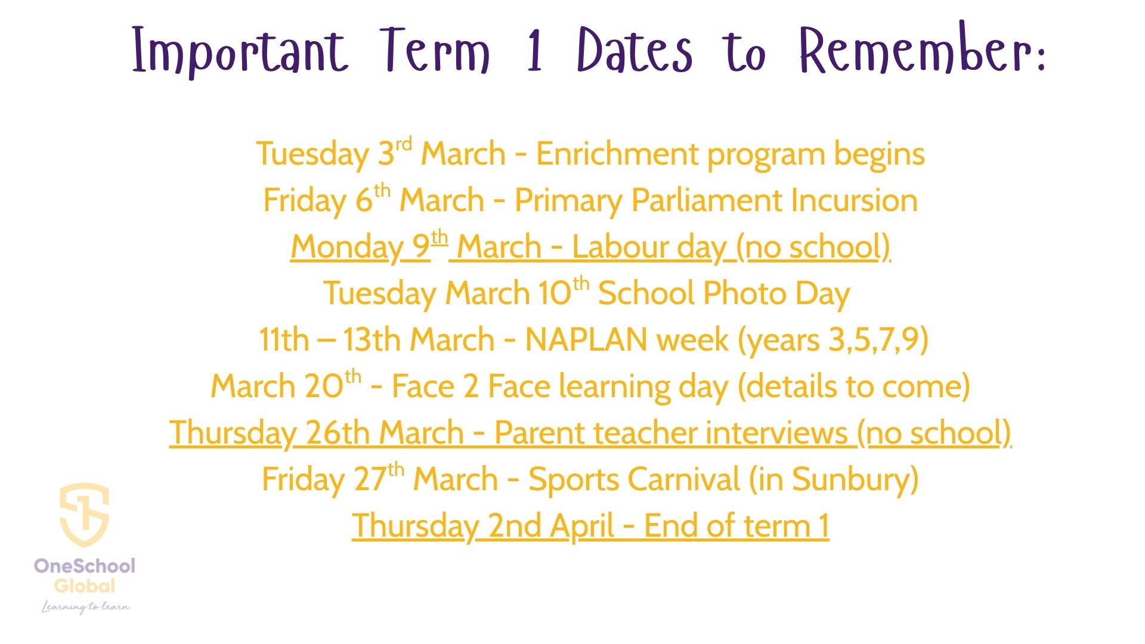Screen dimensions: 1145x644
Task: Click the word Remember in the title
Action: [922, 50]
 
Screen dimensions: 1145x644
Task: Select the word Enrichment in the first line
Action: [617, 154]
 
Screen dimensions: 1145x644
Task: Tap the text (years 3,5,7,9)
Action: [833, 340]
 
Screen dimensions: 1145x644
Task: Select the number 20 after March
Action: [324, 386]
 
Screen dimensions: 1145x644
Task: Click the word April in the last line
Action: [582, 527]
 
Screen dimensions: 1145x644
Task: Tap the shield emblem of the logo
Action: [84, 515]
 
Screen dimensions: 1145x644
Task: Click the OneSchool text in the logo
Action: [85, 565]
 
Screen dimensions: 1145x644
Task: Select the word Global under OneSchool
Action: [85, 586]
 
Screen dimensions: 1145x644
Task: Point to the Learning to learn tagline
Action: [85, 607]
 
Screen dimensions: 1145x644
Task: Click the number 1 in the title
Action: [535, 50]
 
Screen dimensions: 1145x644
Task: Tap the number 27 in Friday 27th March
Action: [370, 479]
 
